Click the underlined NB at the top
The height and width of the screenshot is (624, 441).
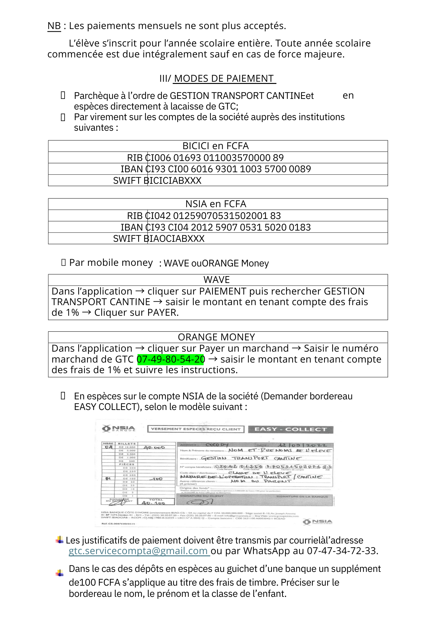[54, 26]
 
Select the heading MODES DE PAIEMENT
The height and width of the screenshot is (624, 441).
[224, 79]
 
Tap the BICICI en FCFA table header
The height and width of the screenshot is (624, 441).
[216, 146]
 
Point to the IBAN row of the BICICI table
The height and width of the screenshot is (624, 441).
[216, 169]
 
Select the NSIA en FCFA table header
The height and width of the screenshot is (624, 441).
[216, 204]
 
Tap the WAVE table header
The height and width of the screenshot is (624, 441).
[216, 280]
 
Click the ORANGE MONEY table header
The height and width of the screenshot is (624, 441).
[216, 337]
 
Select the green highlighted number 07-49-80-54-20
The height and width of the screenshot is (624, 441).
[171, 359]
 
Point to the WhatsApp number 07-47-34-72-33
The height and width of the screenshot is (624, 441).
[342, 551]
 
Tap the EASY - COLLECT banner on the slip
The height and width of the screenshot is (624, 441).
[291, 429]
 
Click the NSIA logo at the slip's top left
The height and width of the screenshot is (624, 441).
[119, 429]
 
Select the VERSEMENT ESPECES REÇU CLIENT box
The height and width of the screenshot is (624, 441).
[196, 429]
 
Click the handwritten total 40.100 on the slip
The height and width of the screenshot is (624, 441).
[153, 503]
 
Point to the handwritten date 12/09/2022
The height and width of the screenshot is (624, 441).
[302, 445]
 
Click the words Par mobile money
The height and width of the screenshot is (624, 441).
[111, 263]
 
